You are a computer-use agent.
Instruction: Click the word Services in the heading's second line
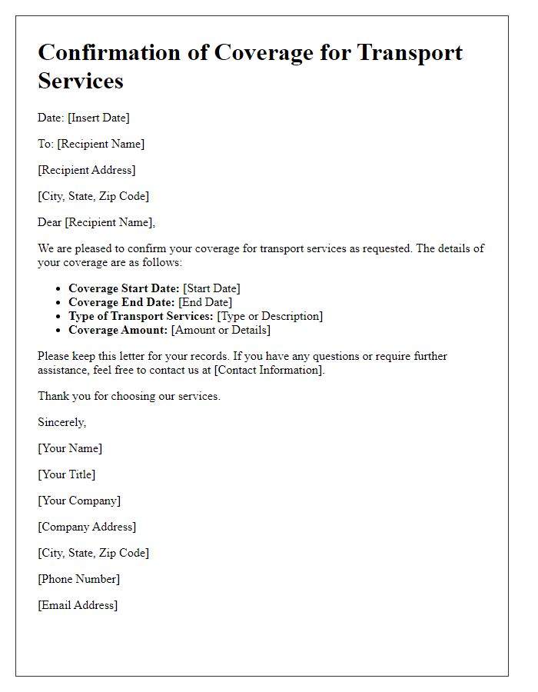point(81,81)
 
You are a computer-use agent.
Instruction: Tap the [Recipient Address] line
point(87,170)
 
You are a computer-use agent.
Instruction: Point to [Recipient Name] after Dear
point(110,222)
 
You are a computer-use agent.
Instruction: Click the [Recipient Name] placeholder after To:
point(101,144)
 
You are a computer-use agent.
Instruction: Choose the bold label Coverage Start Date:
point(124,288)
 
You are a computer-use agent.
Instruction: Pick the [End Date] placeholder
point(205,302)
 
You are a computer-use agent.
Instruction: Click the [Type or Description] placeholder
point(270,316)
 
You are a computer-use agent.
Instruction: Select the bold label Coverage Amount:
point(118,330)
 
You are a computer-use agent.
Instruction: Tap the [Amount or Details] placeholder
point(221,330)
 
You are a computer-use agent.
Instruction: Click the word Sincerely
point(61,422)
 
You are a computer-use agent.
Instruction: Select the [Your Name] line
point(70,448)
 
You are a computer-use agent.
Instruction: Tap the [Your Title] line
point(67,474)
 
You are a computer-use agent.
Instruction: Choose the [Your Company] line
point(79,501)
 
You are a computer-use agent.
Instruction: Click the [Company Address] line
point(87,527)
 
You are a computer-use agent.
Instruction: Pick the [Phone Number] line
point(79,579)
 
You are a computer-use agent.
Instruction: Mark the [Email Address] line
point(78,605)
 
